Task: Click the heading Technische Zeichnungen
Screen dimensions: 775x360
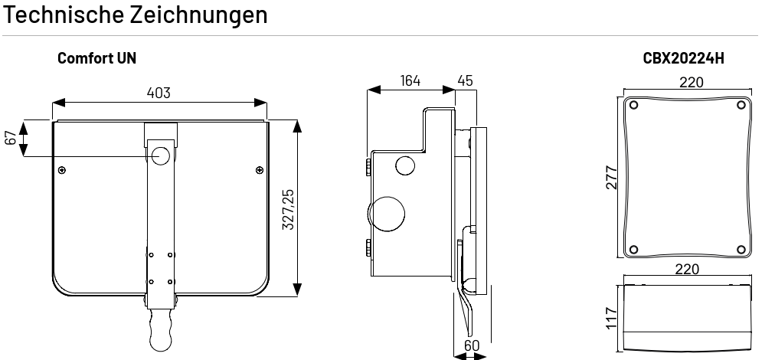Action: coord(135,15)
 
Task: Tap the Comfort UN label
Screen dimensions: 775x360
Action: coord(96,58)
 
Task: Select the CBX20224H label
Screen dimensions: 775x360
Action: coord(683,58)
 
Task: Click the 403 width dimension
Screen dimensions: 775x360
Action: coord(159,93)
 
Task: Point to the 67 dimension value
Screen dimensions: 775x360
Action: coord(11,138)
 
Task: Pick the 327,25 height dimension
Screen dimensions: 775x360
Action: coord(288,209)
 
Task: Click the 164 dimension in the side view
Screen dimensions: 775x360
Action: coord(410,80)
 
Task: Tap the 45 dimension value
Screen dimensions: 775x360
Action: coord(465,80)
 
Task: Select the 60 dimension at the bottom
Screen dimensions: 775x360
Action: coord(472,345)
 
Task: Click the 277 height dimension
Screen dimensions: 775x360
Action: coord(612,178)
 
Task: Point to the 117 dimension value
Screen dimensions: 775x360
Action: coord(612,319)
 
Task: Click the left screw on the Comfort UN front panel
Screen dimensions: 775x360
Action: coord(62,170)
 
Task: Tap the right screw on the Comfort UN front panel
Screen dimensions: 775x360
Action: coord(260,170)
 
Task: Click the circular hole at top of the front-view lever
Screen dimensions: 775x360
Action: coord(161,155)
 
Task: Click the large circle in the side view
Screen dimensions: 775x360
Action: coord(387,214)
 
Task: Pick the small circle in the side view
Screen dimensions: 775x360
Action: coord(405,165)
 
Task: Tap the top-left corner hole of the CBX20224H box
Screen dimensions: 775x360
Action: coord(633,105)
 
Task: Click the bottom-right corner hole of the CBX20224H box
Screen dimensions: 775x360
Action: coord(741,249)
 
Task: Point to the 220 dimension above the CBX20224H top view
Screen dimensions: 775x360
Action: coord(691,82)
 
